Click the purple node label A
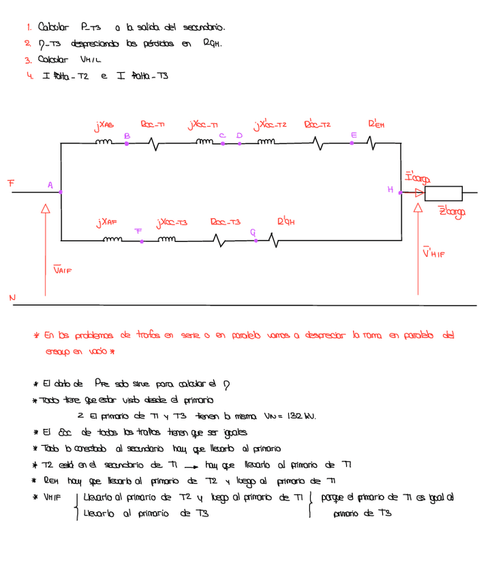50,185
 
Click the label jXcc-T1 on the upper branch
202,126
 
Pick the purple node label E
353,136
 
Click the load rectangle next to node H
442,193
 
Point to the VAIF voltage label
62,270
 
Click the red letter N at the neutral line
12,297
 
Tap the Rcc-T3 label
226,222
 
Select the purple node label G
253,232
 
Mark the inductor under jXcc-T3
168,239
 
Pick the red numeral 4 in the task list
29,76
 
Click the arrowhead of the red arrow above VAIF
46,210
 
